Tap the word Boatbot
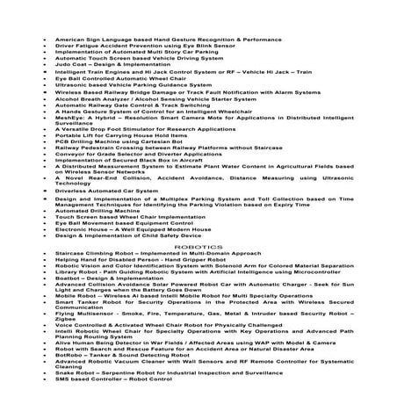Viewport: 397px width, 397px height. [68, 276]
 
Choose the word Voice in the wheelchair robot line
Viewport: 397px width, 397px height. [63, 327]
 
